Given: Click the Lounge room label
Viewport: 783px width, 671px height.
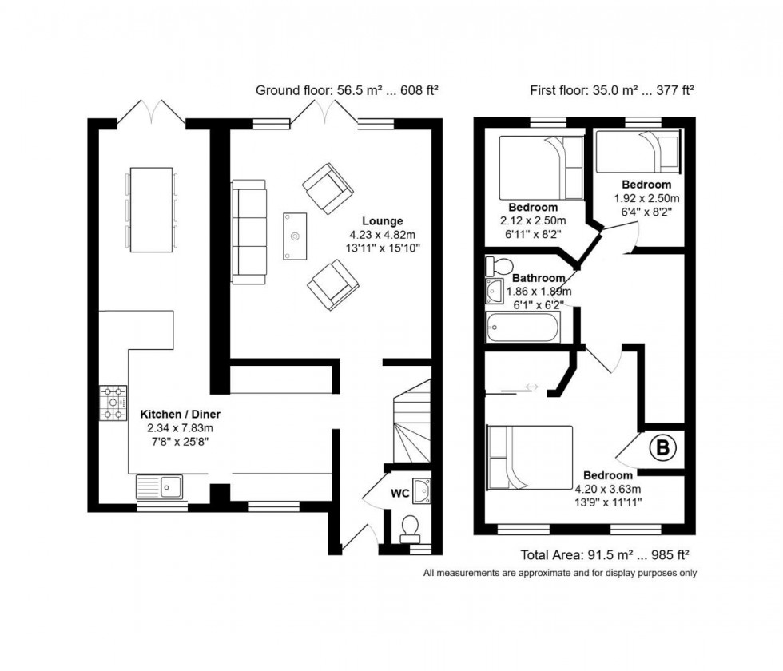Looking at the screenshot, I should [x=382, y=221].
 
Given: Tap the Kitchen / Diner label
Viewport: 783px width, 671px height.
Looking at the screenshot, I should [x=180, y=415].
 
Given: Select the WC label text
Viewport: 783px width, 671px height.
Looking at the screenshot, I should [x=399, y=494].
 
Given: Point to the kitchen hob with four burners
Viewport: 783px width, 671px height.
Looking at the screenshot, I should [x=113, y=403].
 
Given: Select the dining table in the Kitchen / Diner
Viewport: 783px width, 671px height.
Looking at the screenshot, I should [x=152, y=209].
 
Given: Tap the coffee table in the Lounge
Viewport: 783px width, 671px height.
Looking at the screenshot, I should [x=295, y=236].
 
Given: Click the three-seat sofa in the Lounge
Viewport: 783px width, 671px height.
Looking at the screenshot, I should [x=248, y=232].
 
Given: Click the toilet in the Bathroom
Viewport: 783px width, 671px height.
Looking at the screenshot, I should [x=502, y=265].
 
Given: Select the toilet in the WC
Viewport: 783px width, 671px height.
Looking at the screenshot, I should [x=411, y=526].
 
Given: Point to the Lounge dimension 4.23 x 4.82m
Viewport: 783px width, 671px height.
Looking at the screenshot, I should [x=382, y=235].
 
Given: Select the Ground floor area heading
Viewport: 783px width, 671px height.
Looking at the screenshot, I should [x=346, y=90].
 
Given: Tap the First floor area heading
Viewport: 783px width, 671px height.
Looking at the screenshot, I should [x=612, y=90].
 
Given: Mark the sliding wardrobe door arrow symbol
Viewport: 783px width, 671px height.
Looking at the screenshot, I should [x=531, y=387].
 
